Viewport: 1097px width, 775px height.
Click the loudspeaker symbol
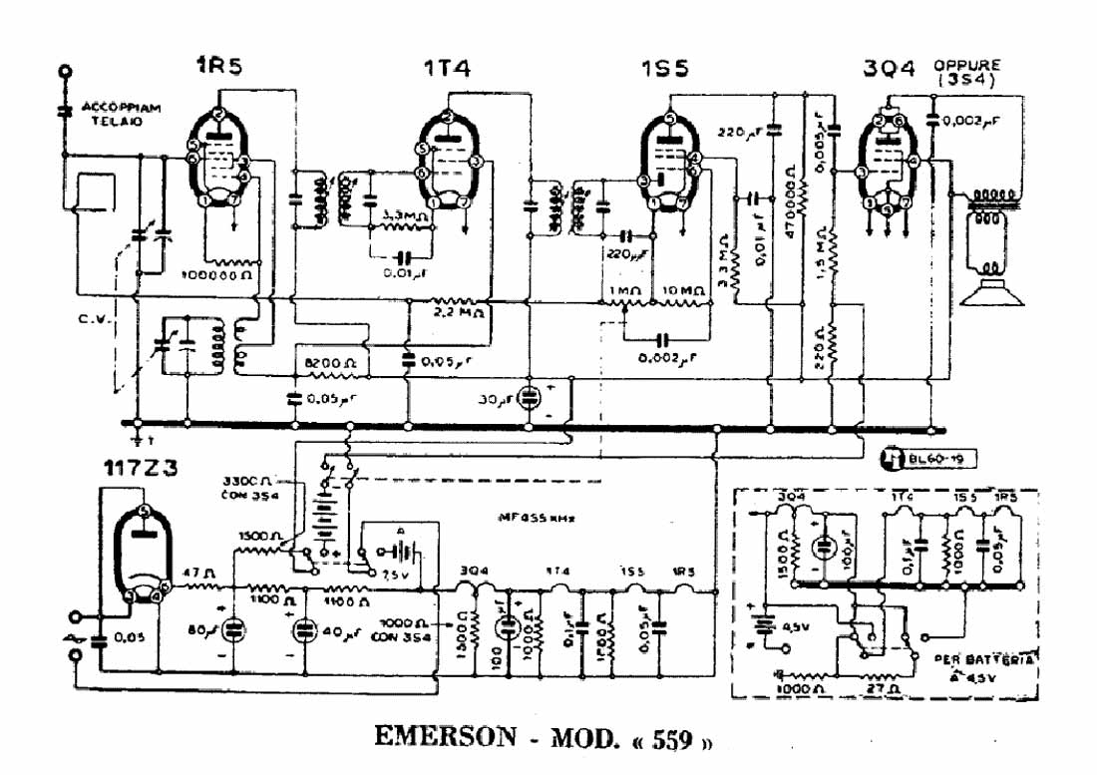click(992, 289)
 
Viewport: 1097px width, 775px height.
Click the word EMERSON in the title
click(445, 737)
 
